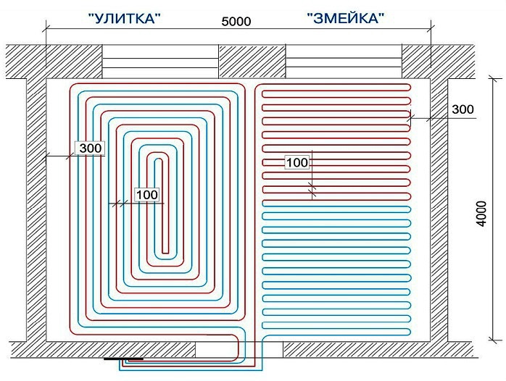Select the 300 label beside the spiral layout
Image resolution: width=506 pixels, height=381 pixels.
pos(91,148)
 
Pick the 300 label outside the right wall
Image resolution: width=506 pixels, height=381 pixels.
pos(462,109)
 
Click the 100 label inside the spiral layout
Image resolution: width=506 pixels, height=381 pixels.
pos(146,194)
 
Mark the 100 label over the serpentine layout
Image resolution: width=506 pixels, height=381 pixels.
pos(297,162)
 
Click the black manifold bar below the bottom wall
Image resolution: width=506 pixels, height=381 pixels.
pos(123,359)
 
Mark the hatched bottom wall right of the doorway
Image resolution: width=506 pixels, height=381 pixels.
pos(377,349)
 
